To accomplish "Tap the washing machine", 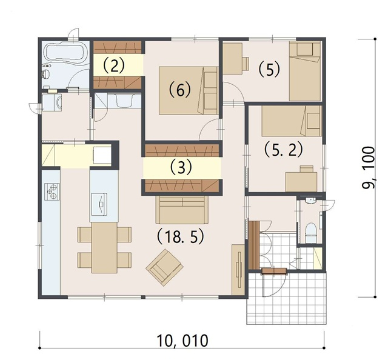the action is pos(52,102).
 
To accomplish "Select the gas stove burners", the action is pos(52,192).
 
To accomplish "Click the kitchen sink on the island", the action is pos(99,204).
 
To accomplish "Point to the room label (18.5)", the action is pos(181,237).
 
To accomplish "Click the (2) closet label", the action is pos(113,65).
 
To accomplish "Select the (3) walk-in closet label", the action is pos(181,167).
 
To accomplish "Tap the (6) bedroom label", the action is pos(180,90).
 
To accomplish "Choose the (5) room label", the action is pos(269,69).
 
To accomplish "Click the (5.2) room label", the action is pos(283,150).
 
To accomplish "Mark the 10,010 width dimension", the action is pos(182,341).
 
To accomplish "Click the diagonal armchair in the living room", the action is pos(164,267).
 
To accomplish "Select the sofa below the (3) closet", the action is pos(182,209).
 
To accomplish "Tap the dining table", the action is pos(104,247).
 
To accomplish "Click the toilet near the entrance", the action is pos(310,233).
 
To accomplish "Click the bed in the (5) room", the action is pos(306,72).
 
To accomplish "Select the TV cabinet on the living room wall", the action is pos(238,270).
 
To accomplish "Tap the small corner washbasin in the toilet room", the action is pos(309,201).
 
